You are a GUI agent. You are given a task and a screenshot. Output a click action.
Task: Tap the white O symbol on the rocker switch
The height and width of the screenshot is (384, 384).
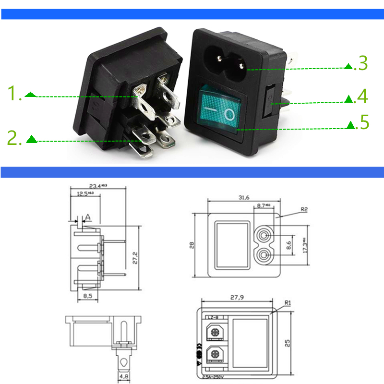coord(231,115)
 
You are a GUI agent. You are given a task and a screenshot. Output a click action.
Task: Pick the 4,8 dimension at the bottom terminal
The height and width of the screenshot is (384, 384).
coord(124,377)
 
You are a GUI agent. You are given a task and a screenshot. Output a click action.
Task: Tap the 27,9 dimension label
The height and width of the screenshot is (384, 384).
coord(237,298)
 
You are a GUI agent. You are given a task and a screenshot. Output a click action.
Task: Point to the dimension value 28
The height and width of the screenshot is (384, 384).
coord(192,245)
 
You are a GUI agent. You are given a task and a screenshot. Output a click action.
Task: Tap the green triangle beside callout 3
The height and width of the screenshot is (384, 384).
coord(348,66)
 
